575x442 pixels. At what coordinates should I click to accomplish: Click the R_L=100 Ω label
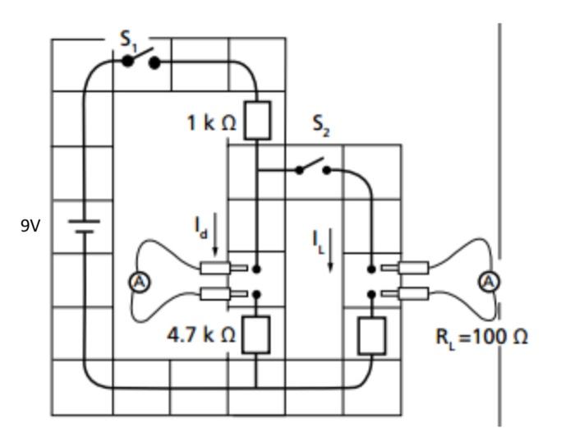pyautogui.click(x=481, y=338)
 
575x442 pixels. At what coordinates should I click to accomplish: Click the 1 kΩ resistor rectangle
pyautogui.click(x=257, y=120)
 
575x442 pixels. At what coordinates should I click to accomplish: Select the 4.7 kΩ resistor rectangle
pyautogui.click(x=257, y=335)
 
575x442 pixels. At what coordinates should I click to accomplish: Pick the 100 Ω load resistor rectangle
pyautogui.click(x=372, y=335)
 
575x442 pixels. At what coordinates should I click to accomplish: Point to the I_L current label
pyautogui.click(x=317, y=239)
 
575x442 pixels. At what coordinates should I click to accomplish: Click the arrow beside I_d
pyautogui.click(x=216, y=234)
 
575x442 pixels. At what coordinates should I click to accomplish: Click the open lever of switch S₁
pyautogui.click(x=140, y=57)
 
